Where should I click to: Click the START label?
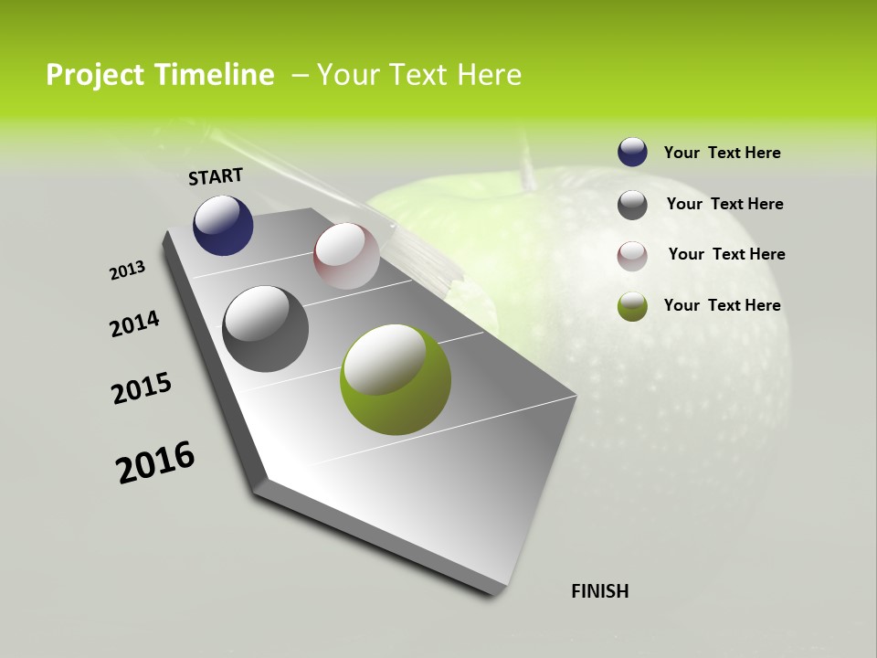[216, 176]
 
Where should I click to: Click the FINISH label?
[600, 591]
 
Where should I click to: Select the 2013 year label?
[127, 271]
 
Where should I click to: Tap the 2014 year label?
[134, 324]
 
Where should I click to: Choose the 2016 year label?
[155, 462]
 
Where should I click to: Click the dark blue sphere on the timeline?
[223, 225]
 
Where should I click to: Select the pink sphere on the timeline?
[346, 255]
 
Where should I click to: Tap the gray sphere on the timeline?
[265, 329]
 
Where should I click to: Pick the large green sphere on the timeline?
[395, 378]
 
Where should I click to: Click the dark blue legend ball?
[632, 153]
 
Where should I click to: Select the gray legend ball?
[632, 205]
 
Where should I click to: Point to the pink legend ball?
[632, 255]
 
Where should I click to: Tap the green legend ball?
[632, 306]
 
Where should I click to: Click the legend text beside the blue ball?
[722, 153]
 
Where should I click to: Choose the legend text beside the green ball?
[722, 305]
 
